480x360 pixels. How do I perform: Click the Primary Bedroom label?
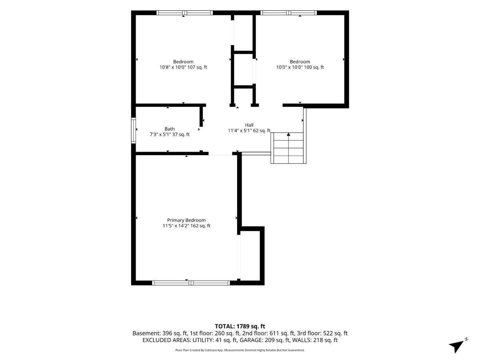point(186,220)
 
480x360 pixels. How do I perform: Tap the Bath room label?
point(170,129)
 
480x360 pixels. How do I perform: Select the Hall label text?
point(249,125)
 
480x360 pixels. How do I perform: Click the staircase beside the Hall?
point(288,148)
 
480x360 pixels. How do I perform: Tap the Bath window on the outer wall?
point(133,130)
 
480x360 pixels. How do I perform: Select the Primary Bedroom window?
point(191,283)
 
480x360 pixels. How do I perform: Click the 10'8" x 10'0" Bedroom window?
point(184,13)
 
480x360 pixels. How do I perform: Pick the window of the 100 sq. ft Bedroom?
point(288,13)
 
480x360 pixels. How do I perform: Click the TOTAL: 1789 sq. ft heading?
point(240,326)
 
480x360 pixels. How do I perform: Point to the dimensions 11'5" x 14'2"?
point(175,226)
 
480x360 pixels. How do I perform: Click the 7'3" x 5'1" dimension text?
point(160,134)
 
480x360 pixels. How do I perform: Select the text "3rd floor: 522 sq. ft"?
point(322,333)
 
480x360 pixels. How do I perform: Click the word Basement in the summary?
point(146,333)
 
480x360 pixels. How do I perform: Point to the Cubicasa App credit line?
point(240,350)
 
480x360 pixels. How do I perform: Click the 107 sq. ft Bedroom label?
point(183,62)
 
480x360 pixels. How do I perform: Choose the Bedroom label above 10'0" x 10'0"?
point(300,62)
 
